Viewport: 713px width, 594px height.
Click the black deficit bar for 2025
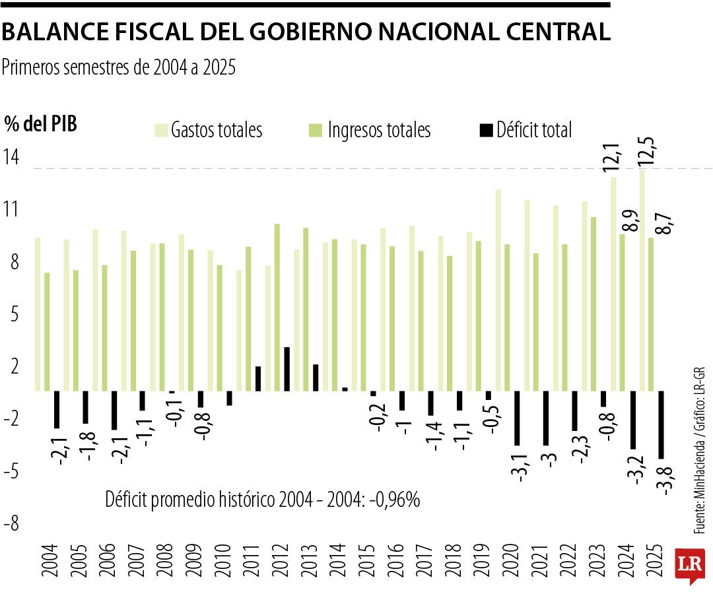click(x=662, y=424)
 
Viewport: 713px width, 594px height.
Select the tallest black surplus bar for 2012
click(x=287, y=369)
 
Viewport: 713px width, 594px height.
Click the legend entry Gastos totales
click(x=209, y=130)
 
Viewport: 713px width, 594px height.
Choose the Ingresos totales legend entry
click(x=370, y=130)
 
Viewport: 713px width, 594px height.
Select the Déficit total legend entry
click(x=526, y=130)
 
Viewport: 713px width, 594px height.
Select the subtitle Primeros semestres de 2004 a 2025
click(x=119, y=67)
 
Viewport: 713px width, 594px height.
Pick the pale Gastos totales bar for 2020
click(x=498, y=290)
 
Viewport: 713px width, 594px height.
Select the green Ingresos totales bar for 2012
click(x=277, y=308)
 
